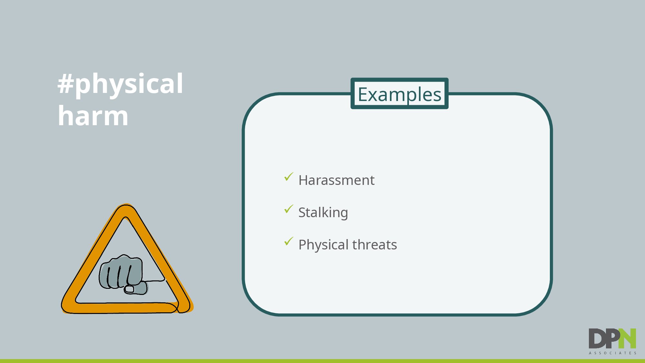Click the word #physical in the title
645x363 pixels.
pyautogui.click(x=120, y=84)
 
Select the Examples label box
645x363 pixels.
pyautogui.click(x=399, y=94)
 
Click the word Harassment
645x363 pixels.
pyautogui.click(x=336, y=180)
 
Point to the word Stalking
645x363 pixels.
pyautogui.click(x=323, y=213)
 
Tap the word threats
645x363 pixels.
pyautogui.click(x=375, y=245)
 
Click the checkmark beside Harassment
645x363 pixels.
pyautogui.click(x=289, y=176)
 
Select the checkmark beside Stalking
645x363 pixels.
pyautogui.click(x=289, y=209)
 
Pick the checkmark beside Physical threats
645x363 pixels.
pyautogui.click(x=289, y=241)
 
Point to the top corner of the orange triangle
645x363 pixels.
pyautogui.click(x=125, y=205)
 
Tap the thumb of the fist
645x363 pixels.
pyautogui.click(x=135, y=288)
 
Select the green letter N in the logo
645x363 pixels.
pyautogui.click(x=627, y=338)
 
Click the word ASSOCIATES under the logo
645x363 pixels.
pyautogui.click(x=612, y=353)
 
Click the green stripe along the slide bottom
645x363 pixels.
pyautogui.click(x=322, y=361)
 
